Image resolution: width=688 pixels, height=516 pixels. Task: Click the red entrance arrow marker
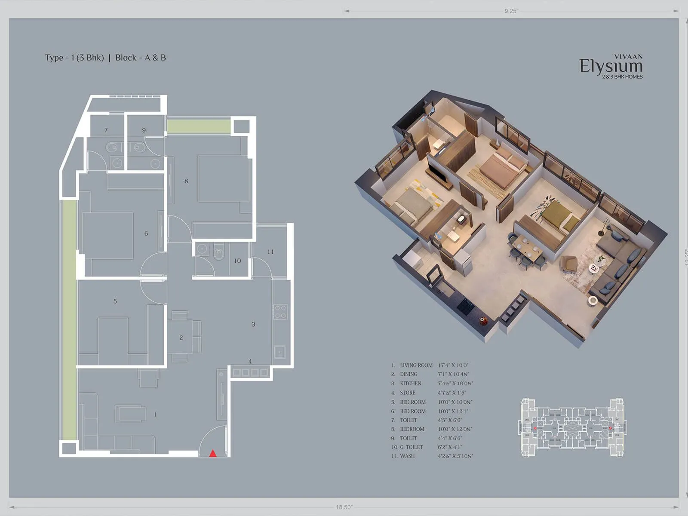click(x=212, y=453)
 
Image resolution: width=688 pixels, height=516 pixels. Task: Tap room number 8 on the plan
click(x=186, y=181)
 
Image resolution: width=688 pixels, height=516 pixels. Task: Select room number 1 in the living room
click(x=155, y=415)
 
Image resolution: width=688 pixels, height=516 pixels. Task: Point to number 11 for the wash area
click(x=270, y=252)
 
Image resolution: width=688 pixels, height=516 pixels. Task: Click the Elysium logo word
click(x=611, y=66)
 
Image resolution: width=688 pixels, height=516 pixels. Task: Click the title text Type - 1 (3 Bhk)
click(x=74, y=58)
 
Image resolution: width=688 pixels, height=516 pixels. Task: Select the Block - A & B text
click(x=141, y=58)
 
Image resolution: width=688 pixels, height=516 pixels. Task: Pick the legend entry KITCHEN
click(x=410, y=384)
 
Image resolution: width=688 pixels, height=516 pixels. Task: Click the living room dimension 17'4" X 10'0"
click(x=453, y=365)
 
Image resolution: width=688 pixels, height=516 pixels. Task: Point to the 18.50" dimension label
click(x=344, y=507)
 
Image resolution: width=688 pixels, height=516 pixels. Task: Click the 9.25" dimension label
click(x=511, y=11)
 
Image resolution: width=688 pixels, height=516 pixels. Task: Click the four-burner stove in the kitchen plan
click(x=279, y=311)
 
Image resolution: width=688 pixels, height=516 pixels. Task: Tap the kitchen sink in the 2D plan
click(x=279, y=352)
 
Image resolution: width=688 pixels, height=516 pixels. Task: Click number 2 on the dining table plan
click(x=181, y=338)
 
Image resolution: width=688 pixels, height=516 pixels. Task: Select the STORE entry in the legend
click(x=407, y=393)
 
